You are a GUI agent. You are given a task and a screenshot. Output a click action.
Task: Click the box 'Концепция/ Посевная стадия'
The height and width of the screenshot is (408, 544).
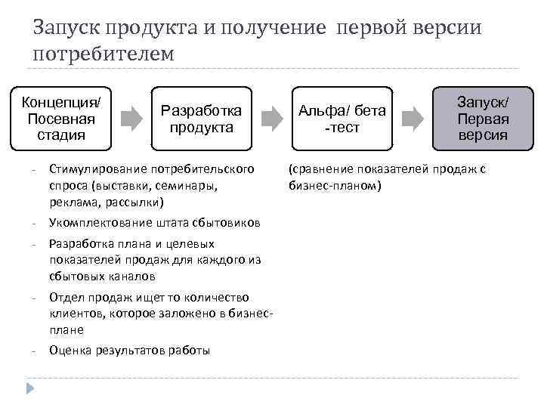61,119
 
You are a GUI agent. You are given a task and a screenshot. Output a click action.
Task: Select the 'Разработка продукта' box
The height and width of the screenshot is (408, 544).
201,119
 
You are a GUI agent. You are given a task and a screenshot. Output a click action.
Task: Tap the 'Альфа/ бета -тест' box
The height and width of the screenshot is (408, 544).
342,119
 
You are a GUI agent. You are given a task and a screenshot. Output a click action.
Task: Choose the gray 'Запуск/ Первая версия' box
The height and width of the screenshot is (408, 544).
483,119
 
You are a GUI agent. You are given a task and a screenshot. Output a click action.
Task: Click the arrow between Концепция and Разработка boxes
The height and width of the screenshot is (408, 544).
131,119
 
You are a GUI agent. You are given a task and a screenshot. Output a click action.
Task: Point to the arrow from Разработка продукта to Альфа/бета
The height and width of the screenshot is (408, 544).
271,119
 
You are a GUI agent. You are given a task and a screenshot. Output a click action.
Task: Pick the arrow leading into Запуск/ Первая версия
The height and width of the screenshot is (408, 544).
412,119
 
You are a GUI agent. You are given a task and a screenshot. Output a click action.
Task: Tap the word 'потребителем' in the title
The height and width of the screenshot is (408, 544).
104,55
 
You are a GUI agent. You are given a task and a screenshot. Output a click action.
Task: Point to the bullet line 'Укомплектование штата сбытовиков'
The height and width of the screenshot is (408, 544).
154,223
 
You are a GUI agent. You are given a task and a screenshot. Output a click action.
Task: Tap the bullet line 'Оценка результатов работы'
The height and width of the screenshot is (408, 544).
129,351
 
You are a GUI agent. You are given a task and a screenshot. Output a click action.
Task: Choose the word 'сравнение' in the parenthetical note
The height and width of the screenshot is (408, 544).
320,168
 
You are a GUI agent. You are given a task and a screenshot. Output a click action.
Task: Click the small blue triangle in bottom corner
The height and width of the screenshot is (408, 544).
30,389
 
